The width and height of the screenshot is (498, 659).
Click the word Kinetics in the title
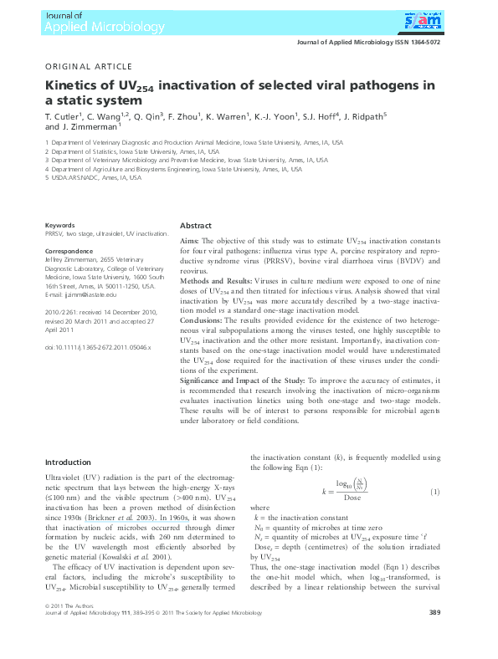(x=75, y=85)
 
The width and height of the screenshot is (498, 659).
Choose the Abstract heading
(x=196, y=226)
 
